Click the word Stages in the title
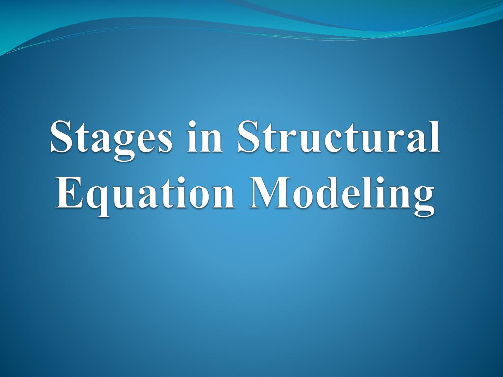(111, 140)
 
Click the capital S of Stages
(62, 136)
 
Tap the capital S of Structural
(250, 136)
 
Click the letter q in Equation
(97, 202)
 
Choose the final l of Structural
(433, 136)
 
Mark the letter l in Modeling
(368, 192)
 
